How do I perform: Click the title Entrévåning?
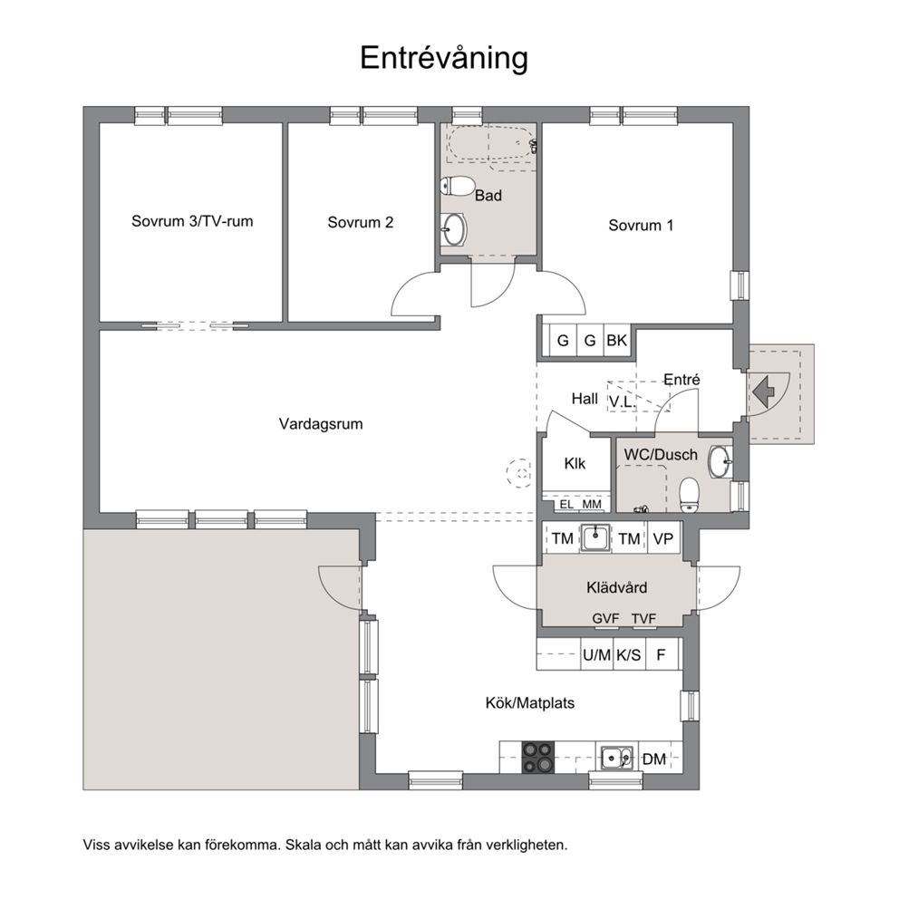pos(444,59)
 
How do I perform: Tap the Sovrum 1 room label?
pos(641,226)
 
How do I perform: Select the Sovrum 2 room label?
pos(361,222)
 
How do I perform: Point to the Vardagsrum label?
pos(321,424)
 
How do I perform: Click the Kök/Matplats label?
pos(530,703)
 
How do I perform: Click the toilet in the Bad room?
pos(456,187)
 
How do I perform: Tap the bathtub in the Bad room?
pos(491,143)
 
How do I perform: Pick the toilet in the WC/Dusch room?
pos(689,496)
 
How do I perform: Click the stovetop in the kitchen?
pos(537,757)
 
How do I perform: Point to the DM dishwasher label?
pos(653,759)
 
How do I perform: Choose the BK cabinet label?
pos(617,341)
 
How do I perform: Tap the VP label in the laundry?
pos(662,538)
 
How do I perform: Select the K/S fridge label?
pos(628,654)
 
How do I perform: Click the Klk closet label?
pos(575,463)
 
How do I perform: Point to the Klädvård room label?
pos(617,587)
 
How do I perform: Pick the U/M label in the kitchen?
pos(597,654)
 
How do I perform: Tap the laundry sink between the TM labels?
pos(595,537)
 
